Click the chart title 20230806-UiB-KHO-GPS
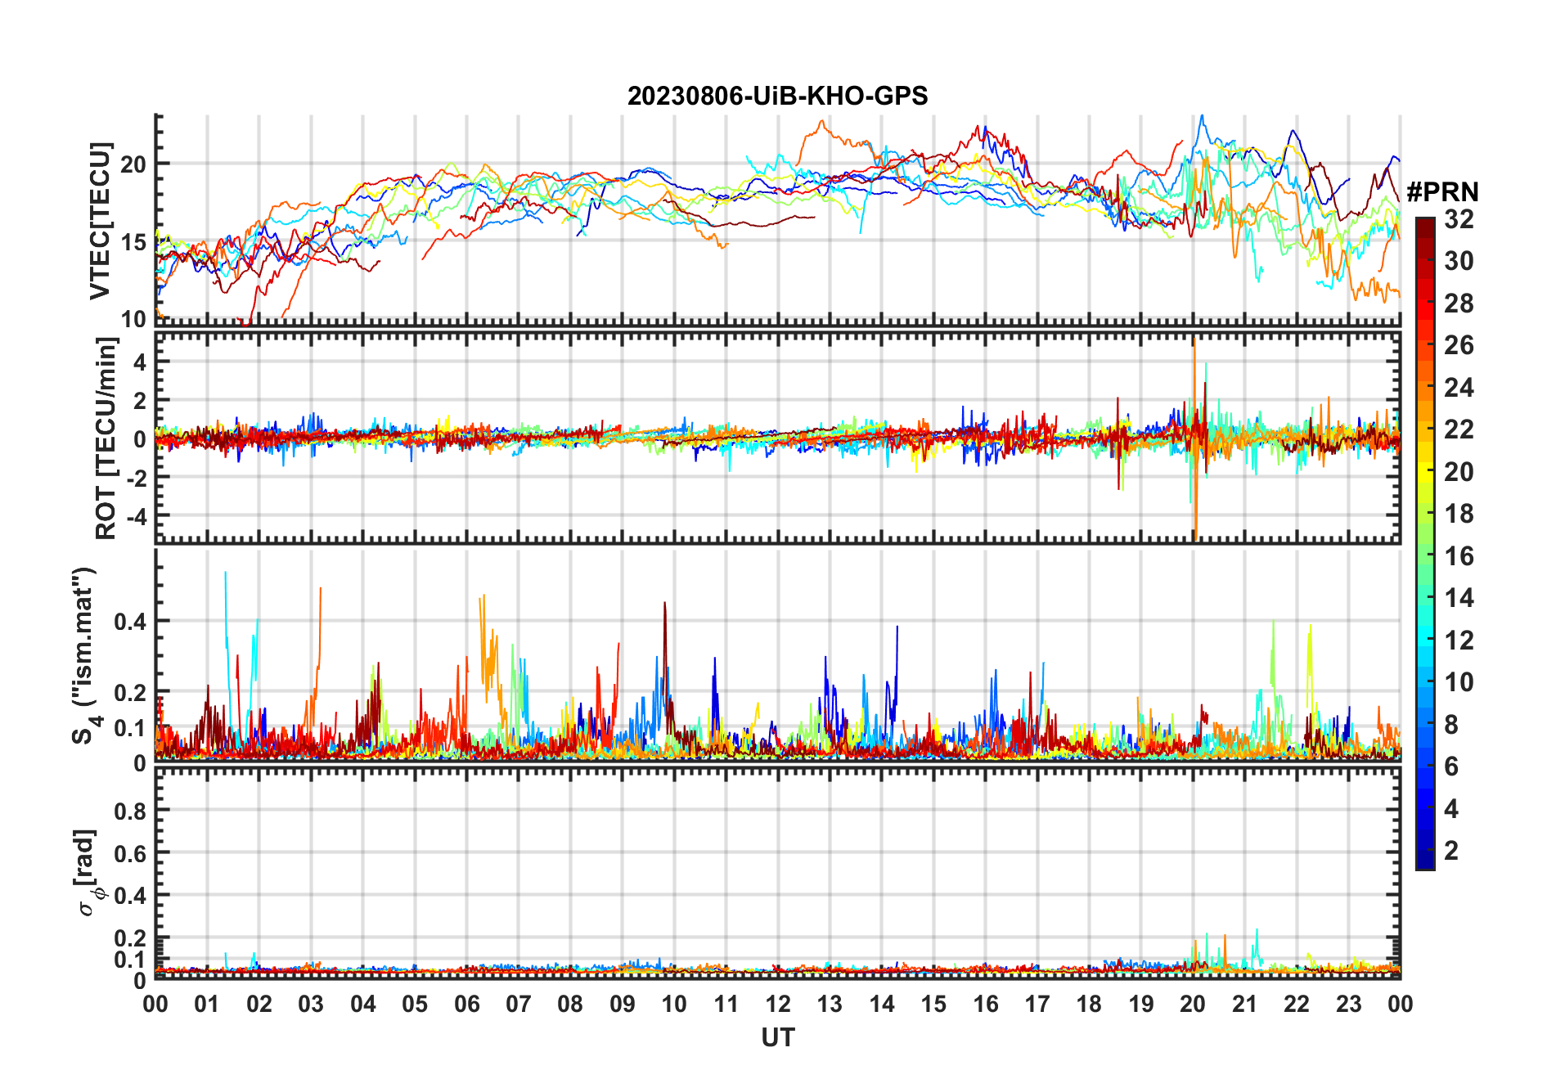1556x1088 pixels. coord(777,97)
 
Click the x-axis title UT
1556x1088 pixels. coord(777,1037)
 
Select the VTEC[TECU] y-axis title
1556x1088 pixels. coord(100,221)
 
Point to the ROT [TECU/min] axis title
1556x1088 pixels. coord(106,438)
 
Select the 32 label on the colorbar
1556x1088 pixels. coord(1459,219)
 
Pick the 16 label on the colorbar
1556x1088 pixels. coord(1459,556)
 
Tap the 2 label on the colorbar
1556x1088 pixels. coord(1451,851)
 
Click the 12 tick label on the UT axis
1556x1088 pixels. coord(777,1005)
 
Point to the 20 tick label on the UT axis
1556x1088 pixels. coord(1193,1005)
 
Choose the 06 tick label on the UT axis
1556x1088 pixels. coord(466,1005)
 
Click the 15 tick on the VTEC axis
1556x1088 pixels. coord(133,242)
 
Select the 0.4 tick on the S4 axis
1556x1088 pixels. coord(130,622)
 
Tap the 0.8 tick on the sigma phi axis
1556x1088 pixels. coord(130,812)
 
